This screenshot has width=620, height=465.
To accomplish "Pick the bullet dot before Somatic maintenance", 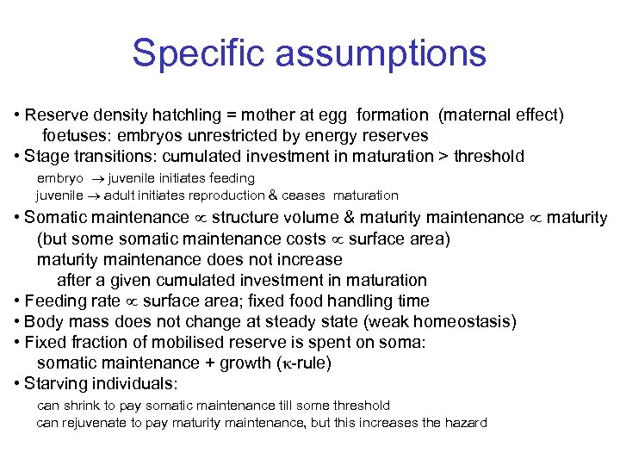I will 18,218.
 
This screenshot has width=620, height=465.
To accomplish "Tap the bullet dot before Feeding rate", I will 18,301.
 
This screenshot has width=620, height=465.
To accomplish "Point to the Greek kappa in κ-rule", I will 278,363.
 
